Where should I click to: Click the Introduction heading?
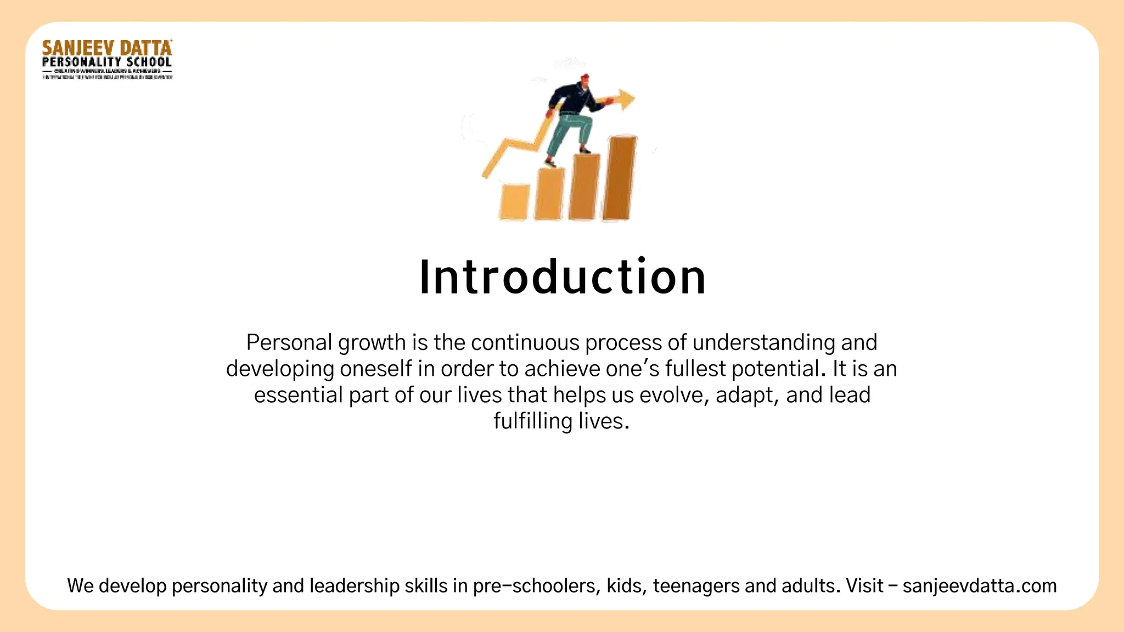pyautogui.click(x=562, y=277)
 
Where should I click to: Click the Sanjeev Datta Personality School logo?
pyautogui.click(x=108, y=59)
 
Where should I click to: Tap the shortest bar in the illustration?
pyautogui.click(x=515, y=202)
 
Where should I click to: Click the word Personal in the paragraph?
pyautogui.click(x=289, y=342)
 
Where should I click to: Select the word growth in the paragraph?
pyautogui.click(x=372, y=343)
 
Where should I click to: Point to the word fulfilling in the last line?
pyautogui.click(x=533, y=421)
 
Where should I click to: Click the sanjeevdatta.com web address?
pyautogui.click(x=980, y=586)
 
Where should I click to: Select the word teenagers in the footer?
pyautogui.click(x=695, y=586)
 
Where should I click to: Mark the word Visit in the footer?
pyautogui.click(x=864, y=586)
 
